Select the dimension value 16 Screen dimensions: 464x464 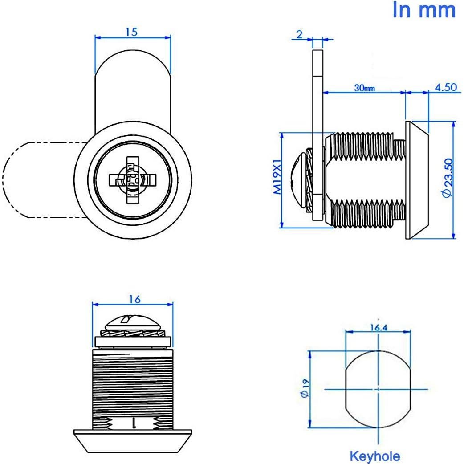pos(134,299)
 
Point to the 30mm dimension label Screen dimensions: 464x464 pos(364,88)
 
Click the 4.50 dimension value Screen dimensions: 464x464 pos(445,87)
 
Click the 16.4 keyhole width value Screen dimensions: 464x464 pos(378,328)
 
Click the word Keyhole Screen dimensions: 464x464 pos(374,456)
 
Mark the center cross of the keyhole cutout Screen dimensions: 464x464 pos(378,389)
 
